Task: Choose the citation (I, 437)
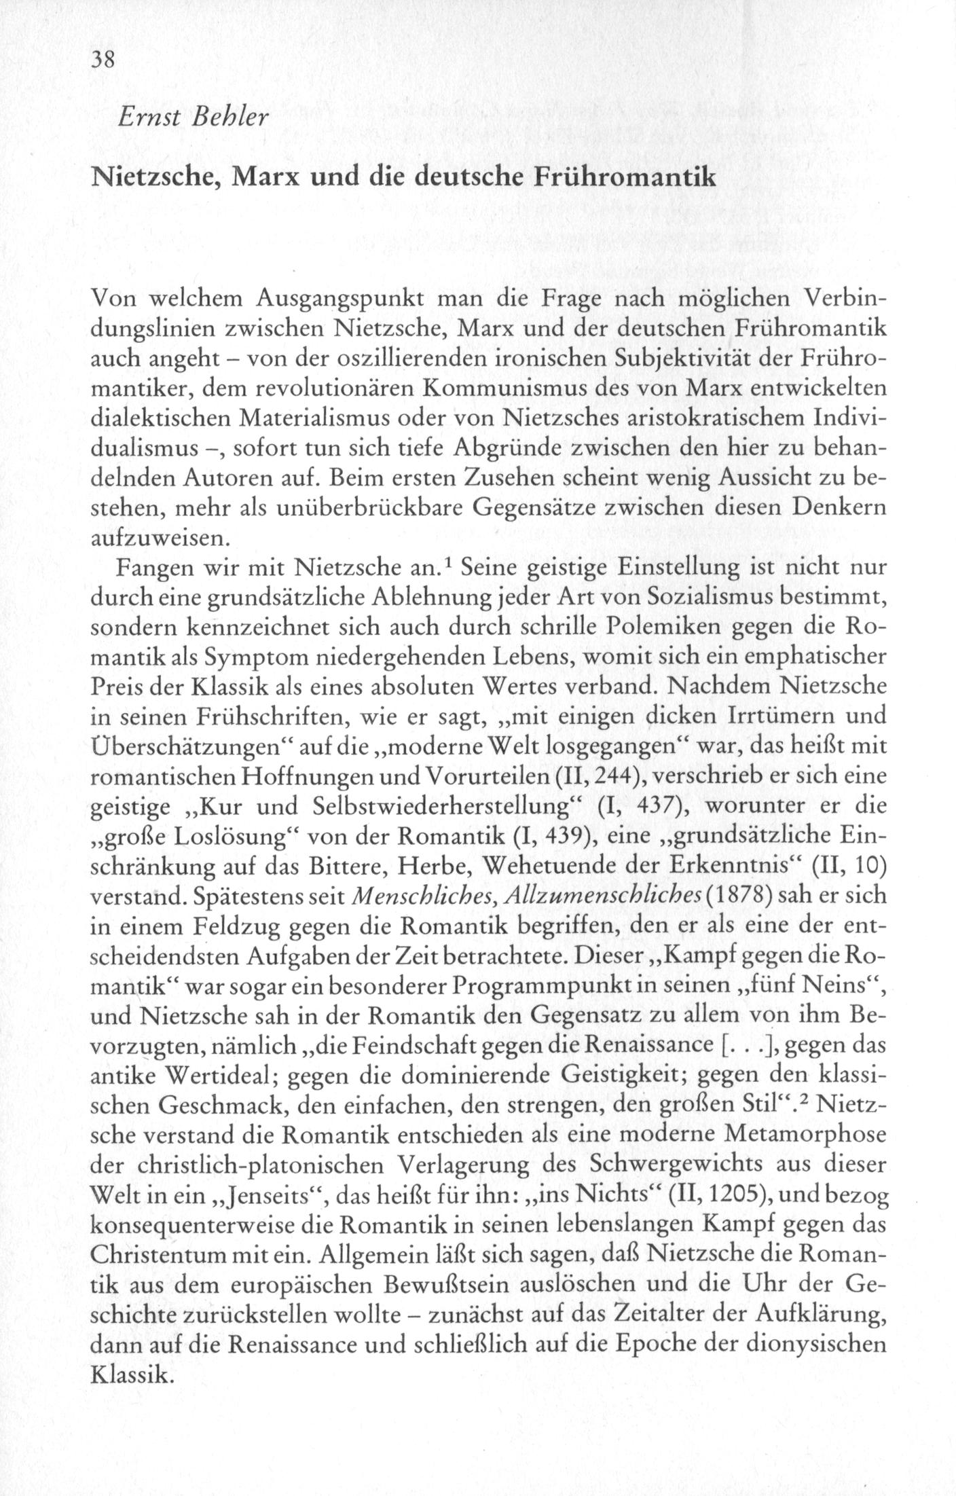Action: pyautogui.click(x=642, y=807)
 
